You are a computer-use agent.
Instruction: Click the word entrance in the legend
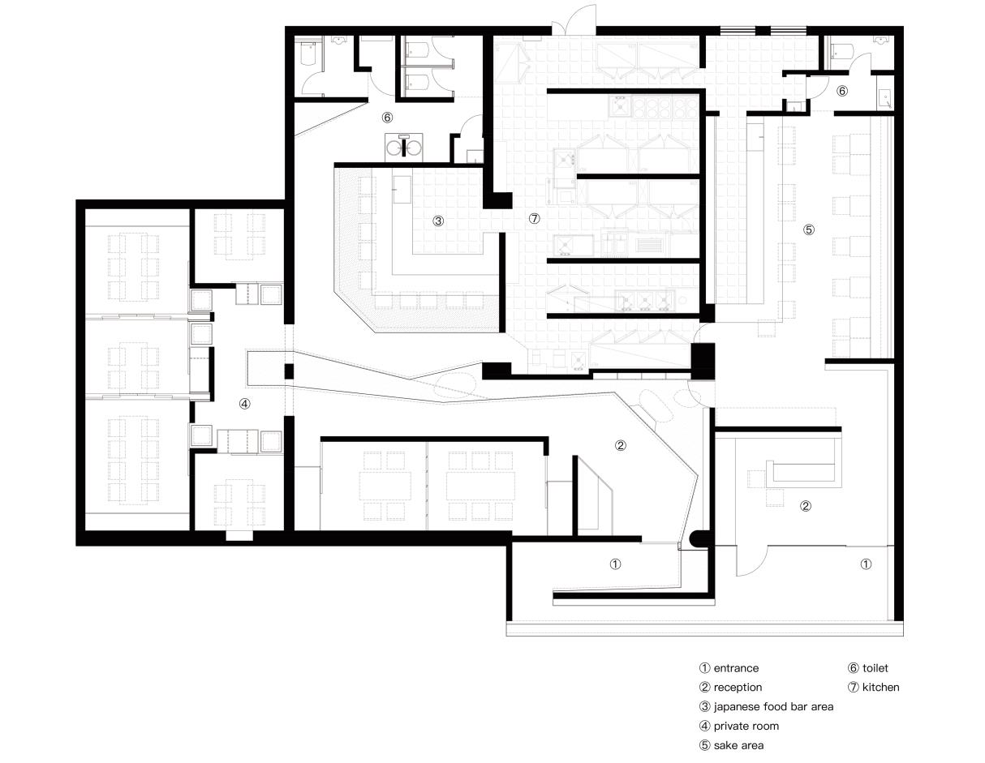[736, 668]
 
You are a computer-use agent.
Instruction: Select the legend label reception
[738, 687]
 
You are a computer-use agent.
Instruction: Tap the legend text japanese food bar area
[773, 706]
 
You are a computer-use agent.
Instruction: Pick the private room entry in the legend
[746, 726]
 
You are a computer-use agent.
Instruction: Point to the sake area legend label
[738, 745]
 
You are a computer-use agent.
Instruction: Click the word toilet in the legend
[875, 668]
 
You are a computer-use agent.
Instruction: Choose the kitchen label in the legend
[880, 687]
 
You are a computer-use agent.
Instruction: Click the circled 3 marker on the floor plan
[438, 221]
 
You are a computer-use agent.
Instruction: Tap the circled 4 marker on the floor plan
[245, 404]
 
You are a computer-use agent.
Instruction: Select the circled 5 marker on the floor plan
[809, 229]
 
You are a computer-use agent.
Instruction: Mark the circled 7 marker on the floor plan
[535, 219]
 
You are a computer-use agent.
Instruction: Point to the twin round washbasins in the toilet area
[403, 146]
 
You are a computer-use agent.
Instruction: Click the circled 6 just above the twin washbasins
[387, 118]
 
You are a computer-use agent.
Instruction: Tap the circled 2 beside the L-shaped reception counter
[805, 506]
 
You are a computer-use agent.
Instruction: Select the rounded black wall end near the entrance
[697, 539]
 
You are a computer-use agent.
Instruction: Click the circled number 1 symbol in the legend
[704, 668]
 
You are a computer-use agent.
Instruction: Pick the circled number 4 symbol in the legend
[704, 726]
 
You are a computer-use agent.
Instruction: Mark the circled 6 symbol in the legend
[854, 668]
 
